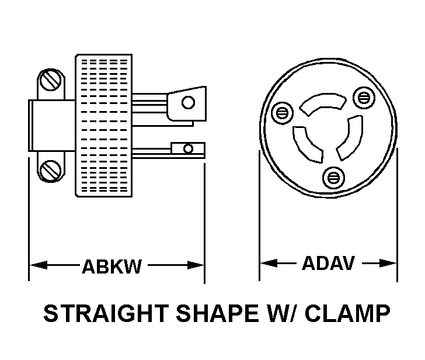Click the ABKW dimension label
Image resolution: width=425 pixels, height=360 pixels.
(x=112, y=266)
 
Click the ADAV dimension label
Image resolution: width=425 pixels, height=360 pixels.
(x=328, y=264)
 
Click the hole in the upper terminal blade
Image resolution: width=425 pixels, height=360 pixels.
(x=188, y=103)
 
